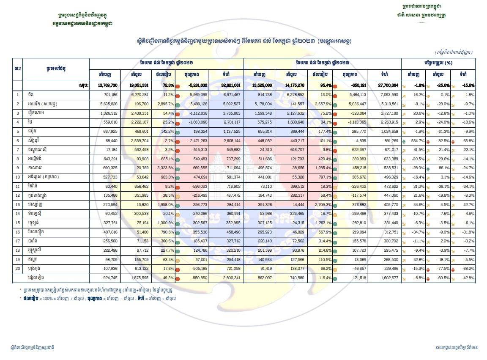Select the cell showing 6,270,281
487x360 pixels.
[139, 95]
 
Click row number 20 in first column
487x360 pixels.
[18, 269]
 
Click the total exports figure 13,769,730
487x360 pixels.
[107, 85]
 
